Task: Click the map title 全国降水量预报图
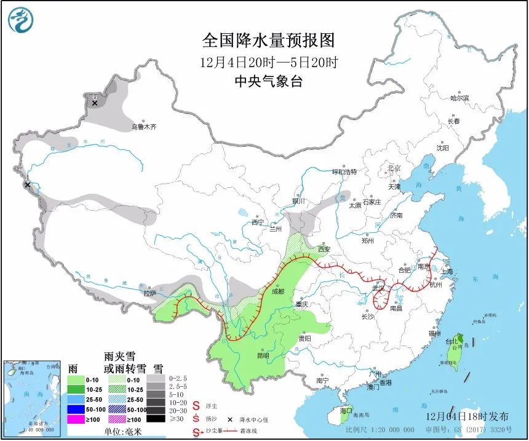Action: point(269,41)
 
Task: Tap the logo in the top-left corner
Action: point(20,20)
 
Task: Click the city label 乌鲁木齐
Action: point(143,127)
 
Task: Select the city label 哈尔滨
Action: point(459,98)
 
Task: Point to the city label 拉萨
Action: point(150,294)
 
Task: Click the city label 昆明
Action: point(263,355)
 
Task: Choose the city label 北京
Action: point(394,168)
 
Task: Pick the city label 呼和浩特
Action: point(344,171)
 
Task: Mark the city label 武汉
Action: point(378,288)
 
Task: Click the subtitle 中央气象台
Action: point(269,81)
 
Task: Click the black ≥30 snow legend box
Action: point(156,419)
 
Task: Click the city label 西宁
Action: point(257,222)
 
